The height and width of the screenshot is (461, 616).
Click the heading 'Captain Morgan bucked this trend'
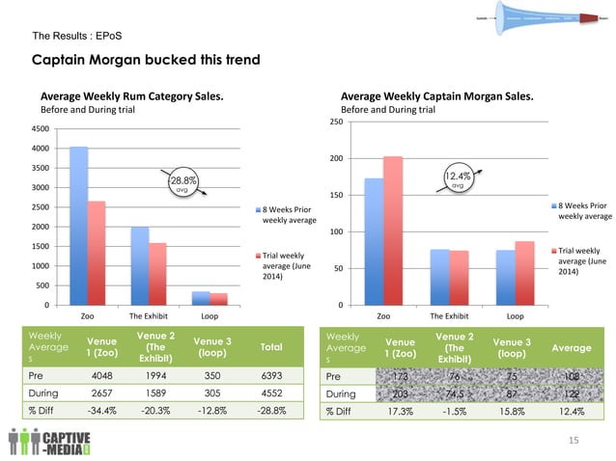(x=146, y=61)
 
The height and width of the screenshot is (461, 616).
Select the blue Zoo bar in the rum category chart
(x=79, y=226)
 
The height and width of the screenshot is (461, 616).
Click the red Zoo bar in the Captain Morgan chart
(x=392, y=230)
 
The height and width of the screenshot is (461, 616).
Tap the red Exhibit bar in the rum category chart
(x=158, y=274)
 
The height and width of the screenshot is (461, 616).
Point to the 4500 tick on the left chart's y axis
(x=42, y=128)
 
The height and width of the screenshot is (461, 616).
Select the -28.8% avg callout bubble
(x=182, y=183)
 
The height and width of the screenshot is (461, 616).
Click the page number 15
(x=574, y=440)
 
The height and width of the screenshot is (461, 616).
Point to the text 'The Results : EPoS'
(x=77, y=37)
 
